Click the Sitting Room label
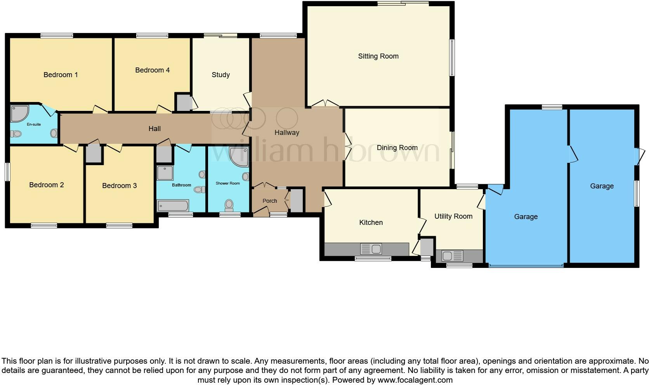pos(378,56)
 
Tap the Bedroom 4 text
pos(152,70)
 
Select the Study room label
pos(220,75)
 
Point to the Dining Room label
pos(397,148)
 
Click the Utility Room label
pos(453,216)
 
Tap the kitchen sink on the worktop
pos(371,249)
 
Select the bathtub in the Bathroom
pos(173,205)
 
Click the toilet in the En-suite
pos(16,134)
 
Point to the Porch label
pos(269,201)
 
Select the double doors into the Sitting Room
pos(325,104)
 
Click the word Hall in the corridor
pos(154,129)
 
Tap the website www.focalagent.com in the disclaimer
pos(415,380)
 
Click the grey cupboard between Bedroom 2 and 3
pos(93,154)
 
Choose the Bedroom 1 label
pos(61,75)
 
